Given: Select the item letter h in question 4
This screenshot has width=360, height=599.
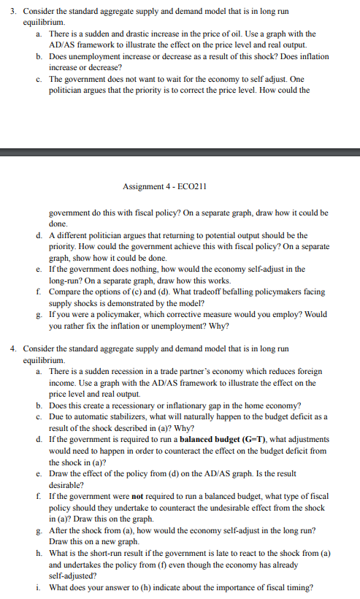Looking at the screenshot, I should [x=37, y=552].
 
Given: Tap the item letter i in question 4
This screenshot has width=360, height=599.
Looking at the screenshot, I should [x=37, y=586].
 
